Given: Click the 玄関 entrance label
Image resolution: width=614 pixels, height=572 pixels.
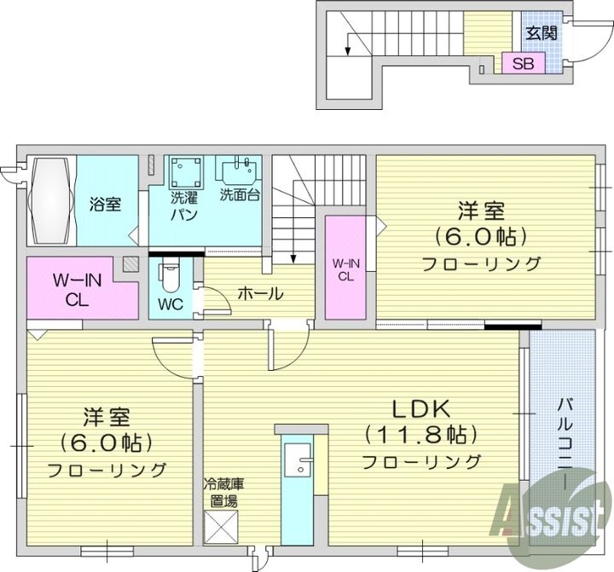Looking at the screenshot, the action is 542,33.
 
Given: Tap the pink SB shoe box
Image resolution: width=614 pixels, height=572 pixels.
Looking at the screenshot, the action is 524,62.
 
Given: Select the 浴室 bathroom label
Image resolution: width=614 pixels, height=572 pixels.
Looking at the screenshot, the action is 105,204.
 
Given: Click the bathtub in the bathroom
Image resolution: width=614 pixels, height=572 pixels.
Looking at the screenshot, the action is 51,200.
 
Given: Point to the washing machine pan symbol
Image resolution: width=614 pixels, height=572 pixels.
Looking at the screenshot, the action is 186,172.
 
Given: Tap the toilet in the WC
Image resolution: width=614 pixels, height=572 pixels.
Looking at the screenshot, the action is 169,277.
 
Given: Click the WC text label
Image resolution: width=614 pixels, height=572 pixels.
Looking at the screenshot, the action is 171,304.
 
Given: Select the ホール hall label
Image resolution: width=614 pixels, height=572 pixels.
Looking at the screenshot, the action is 260,293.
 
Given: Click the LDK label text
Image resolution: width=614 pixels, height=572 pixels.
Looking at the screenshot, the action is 421,409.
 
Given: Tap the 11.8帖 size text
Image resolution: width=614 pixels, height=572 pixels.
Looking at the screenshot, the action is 421,435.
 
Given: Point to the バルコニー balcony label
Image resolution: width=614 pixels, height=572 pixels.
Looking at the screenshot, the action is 564,443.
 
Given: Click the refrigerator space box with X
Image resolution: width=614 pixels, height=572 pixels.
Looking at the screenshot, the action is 221,527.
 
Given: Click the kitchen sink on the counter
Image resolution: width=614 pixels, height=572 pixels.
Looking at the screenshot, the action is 298,460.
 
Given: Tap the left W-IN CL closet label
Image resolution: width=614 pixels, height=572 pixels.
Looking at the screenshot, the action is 77,290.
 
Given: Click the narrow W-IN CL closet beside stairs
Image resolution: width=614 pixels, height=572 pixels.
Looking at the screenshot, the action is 345,268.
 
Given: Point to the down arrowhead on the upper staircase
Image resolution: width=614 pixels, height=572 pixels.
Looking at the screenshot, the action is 347,51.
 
